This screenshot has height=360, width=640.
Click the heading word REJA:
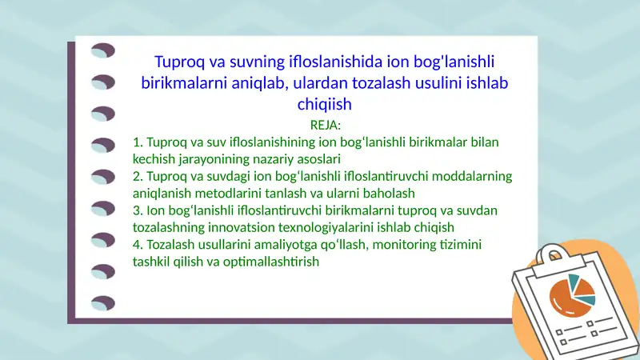(325, 125)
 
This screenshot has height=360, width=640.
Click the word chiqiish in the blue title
(325, 104)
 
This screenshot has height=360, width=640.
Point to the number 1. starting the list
(138, 142)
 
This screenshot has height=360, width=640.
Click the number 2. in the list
(138, 176)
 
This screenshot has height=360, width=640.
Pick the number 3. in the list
(138, 210)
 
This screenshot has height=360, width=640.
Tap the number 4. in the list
(138, 244)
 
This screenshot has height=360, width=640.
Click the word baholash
(390, 193)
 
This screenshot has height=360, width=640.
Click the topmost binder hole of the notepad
(103, 51)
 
